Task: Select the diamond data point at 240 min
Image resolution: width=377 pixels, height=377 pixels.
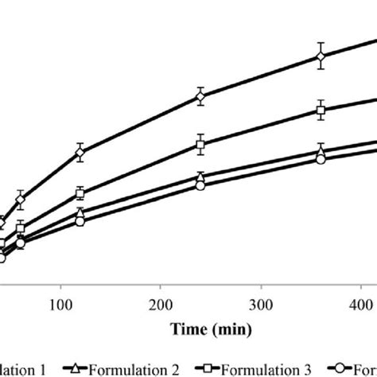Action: pos(200,96)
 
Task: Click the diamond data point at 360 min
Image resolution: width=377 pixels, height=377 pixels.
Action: pos(321,56)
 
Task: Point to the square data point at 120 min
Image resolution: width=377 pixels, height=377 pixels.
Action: pos(80,192)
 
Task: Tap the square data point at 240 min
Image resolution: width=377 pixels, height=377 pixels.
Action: pos(200,145)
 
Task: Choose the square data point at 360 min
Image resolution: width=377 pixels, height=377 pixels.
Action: pos(321,111)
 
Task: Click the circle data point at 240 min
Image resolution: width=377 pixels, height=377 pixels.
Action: pos(200,186)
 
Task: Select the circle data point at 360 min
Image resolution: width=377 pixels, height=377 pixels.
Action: pos(321,159)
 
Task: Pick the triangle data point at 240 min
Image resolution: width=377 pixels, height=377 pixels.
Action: pos(200,177)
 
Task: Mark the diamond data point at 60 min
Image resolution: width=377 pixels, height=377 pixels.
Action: pos(21,200)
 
